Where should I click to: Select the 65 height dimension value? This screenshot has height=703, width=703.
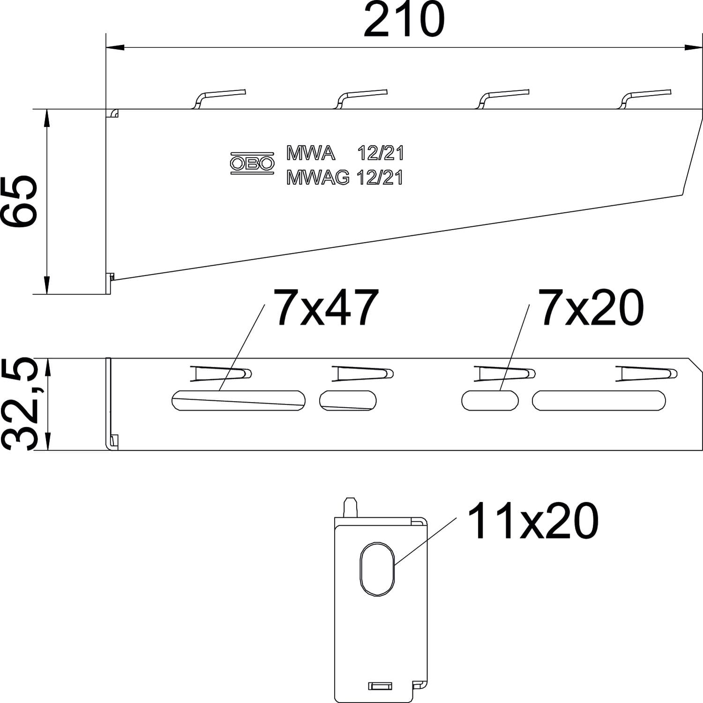pyautogui.click(x=19, y=201)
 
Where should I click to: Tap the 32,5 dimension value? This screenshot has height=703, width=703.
pyautogui.click(x=19, y=404)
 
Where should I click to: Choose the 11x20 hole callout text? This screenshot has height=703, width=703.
pyautogui.click(x=533, y=521)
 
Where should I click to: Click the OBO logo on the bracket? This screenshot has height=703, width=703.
pyautogui.click(x=252, y=163)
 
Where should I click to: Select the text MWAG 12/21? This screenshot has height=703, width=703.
pyautogui.click(x=344, y=178)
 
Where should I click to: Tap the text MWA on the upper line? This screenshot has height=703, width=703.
pyautogui.click(x=311, y=153)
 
